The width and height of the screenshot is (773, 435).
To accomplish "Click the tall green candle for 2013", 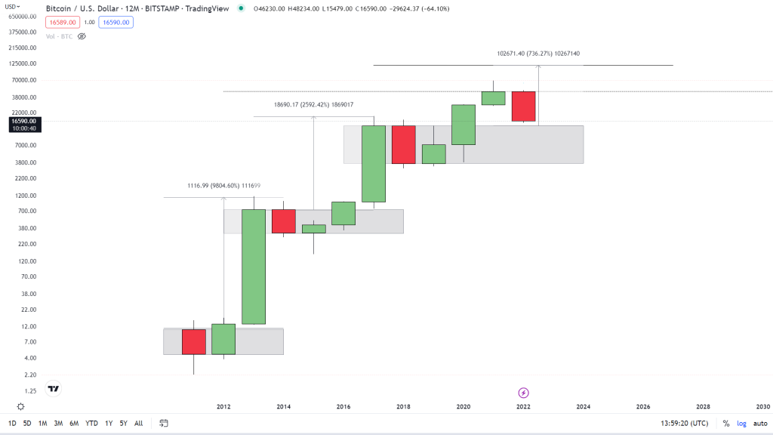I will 254,266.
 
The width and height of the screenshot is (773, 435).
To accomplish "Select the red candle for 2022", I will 523,106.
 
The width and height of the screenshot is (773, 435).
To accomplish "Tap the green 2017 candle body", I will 374,163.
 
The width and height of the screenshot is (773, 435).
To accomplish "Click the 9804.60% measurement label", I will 223,186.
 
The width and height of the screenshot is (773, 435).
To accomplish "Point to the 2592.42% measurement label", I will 313,105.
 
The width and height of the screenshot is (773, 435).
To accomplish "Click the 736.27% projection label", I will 538,54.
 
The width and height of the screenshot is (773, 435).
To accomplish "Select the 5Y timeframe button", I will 123,423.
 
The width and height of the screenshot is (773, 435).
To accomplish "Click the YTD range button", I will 91,423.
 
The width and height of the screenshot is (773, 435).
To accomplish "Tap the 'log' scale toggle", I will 742,423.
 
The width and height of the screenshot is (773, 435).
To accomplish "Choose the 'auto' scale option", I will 759,423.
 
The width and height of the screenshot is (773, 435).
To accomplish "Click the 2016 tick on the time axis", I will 343,406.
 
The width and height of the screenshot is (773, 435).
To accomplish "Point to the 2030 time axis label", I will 762,406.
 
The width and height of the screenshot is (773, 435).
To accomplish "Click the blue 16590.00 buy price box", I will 116,23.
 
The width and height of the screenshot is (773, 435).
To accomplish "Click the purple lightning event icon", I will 523,393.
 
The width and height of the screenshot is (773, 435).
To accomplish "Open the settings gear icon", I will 20,406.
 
